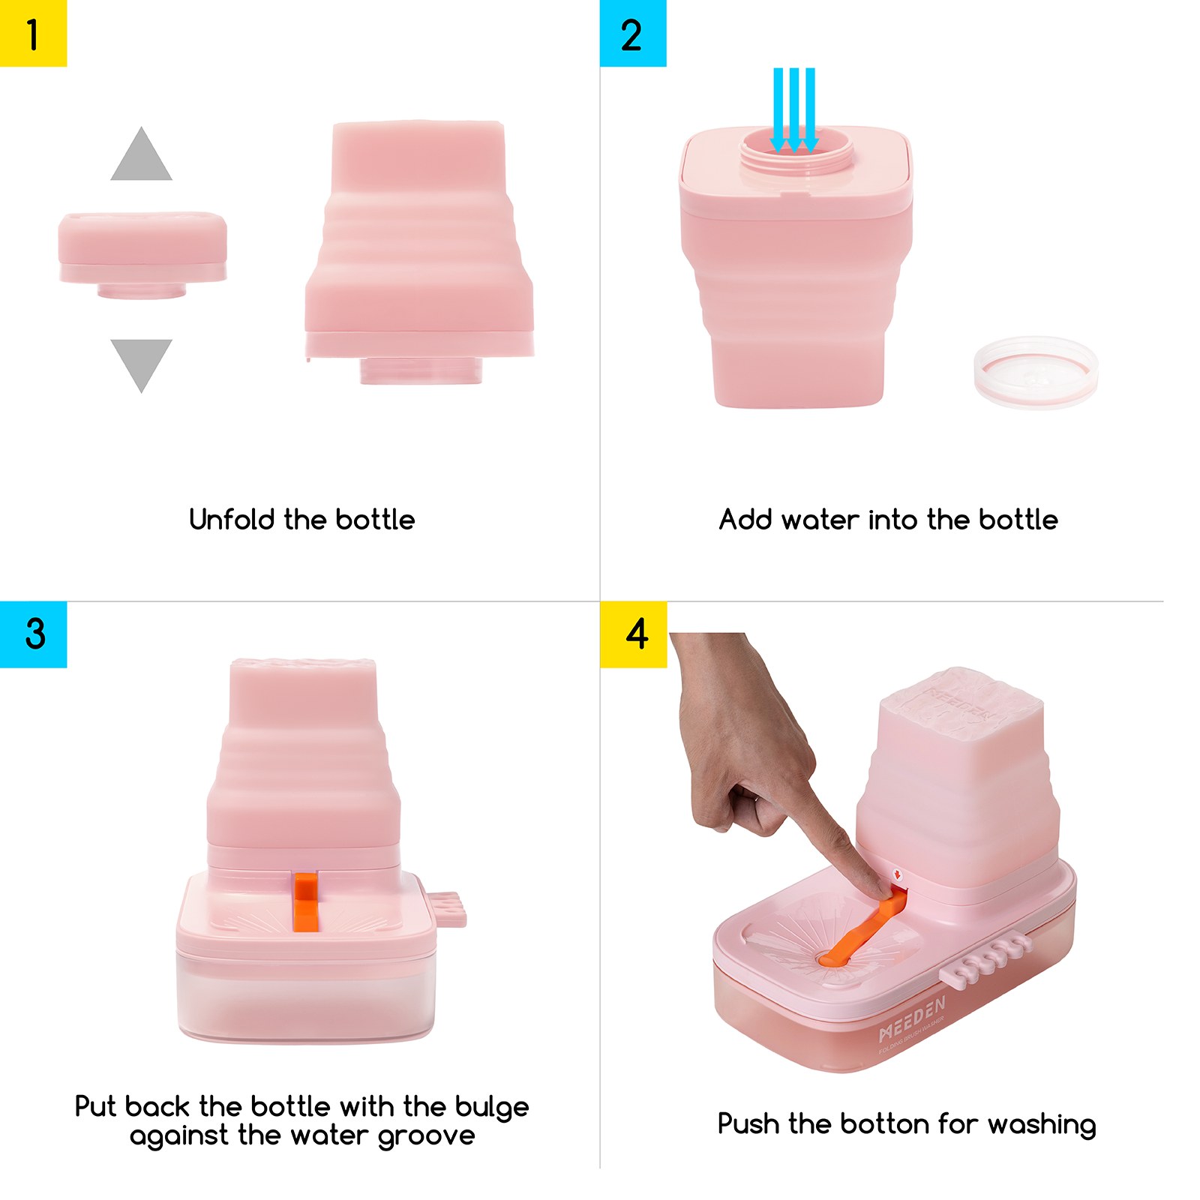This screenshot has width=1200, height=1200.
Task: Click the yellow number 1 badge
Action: coord(33,33)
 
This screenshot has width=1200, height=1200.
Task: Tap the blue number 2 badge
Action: coord(632,33)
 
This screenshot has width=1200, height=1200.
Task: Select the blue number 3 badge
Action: coord(33,634)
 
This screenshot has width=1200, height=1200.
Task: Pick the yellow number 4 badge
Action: coord(632,634)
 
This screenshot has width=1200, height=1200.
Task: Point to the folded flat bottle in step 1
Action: coord(142,247)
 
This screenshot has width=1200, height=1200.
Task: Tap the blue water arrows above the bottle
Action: coord(794,109)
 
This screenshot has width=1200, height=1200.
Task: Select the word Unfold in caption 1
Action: coord(232,520)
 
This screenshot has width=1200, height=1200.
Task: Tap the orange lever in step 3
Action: coord(305,901)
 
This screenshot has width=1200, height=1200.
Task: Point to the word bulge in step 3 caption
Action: coord(492,1108)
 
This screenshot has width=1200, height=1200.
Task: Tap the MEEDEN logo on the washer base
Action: coord(912,1020)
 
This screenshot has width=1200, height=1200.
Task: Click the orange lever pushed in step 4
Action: coord(862,934)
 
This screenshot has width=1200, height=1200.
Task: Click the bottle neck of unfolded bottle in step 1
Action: coord(421,370)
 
